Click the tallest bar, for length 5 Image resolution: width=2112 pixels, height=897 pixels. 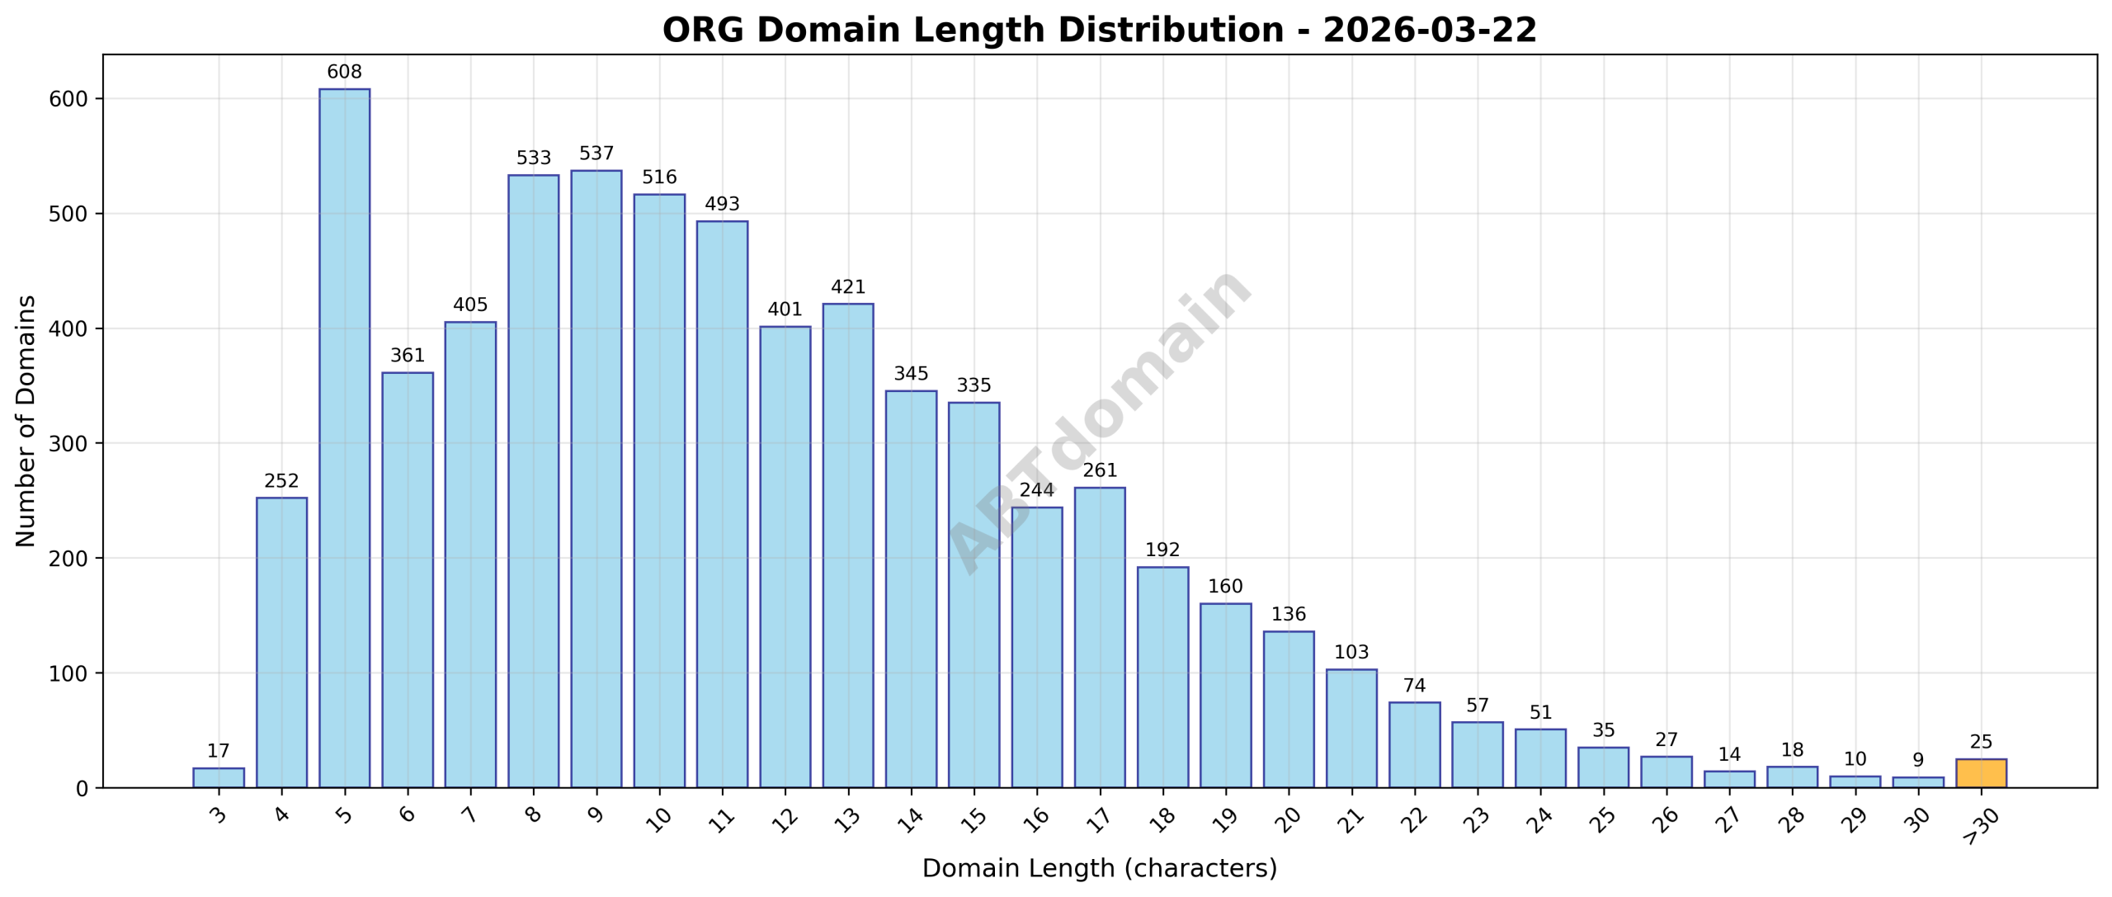pos(344,437)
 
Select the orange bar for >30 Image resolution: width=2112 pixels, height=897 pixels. pos(1981,773)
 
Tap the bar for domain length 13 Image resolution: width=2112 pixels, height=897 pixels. pos(848,545)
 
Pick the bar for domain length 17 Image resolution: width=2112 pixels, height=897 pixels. pos(1100,637)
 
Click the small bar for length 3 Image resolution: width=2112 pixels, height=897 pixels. pos(219,777)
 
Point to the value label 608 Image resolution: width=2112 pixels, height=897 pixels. pos(344,73)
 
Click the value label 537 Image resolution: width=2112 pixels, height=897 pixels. pos(596,153)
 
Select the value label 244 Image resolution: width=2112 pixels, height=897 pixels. pos(1037,490)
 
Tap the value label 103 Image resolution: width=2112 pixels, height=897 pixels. pos(1351,653)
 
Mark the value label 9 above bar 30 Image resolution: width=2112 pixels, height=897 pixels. pos(1918,760)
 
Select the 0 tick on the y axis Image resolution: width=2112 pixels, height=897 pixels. pos(81,789)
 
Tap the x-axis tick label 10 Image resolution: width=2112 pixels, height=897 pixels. pos(658,819)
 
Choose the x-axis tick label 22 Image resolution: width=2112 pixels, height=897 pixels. pos(1413,819)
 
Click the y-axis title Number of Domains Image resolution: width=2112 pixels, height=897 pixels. pos(26,421)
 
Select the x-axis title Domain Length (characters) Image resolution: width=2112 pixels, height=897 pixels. pos(1099,868)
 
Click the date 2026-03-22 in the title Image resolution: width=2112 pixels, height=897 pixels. pos(1430,31)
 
